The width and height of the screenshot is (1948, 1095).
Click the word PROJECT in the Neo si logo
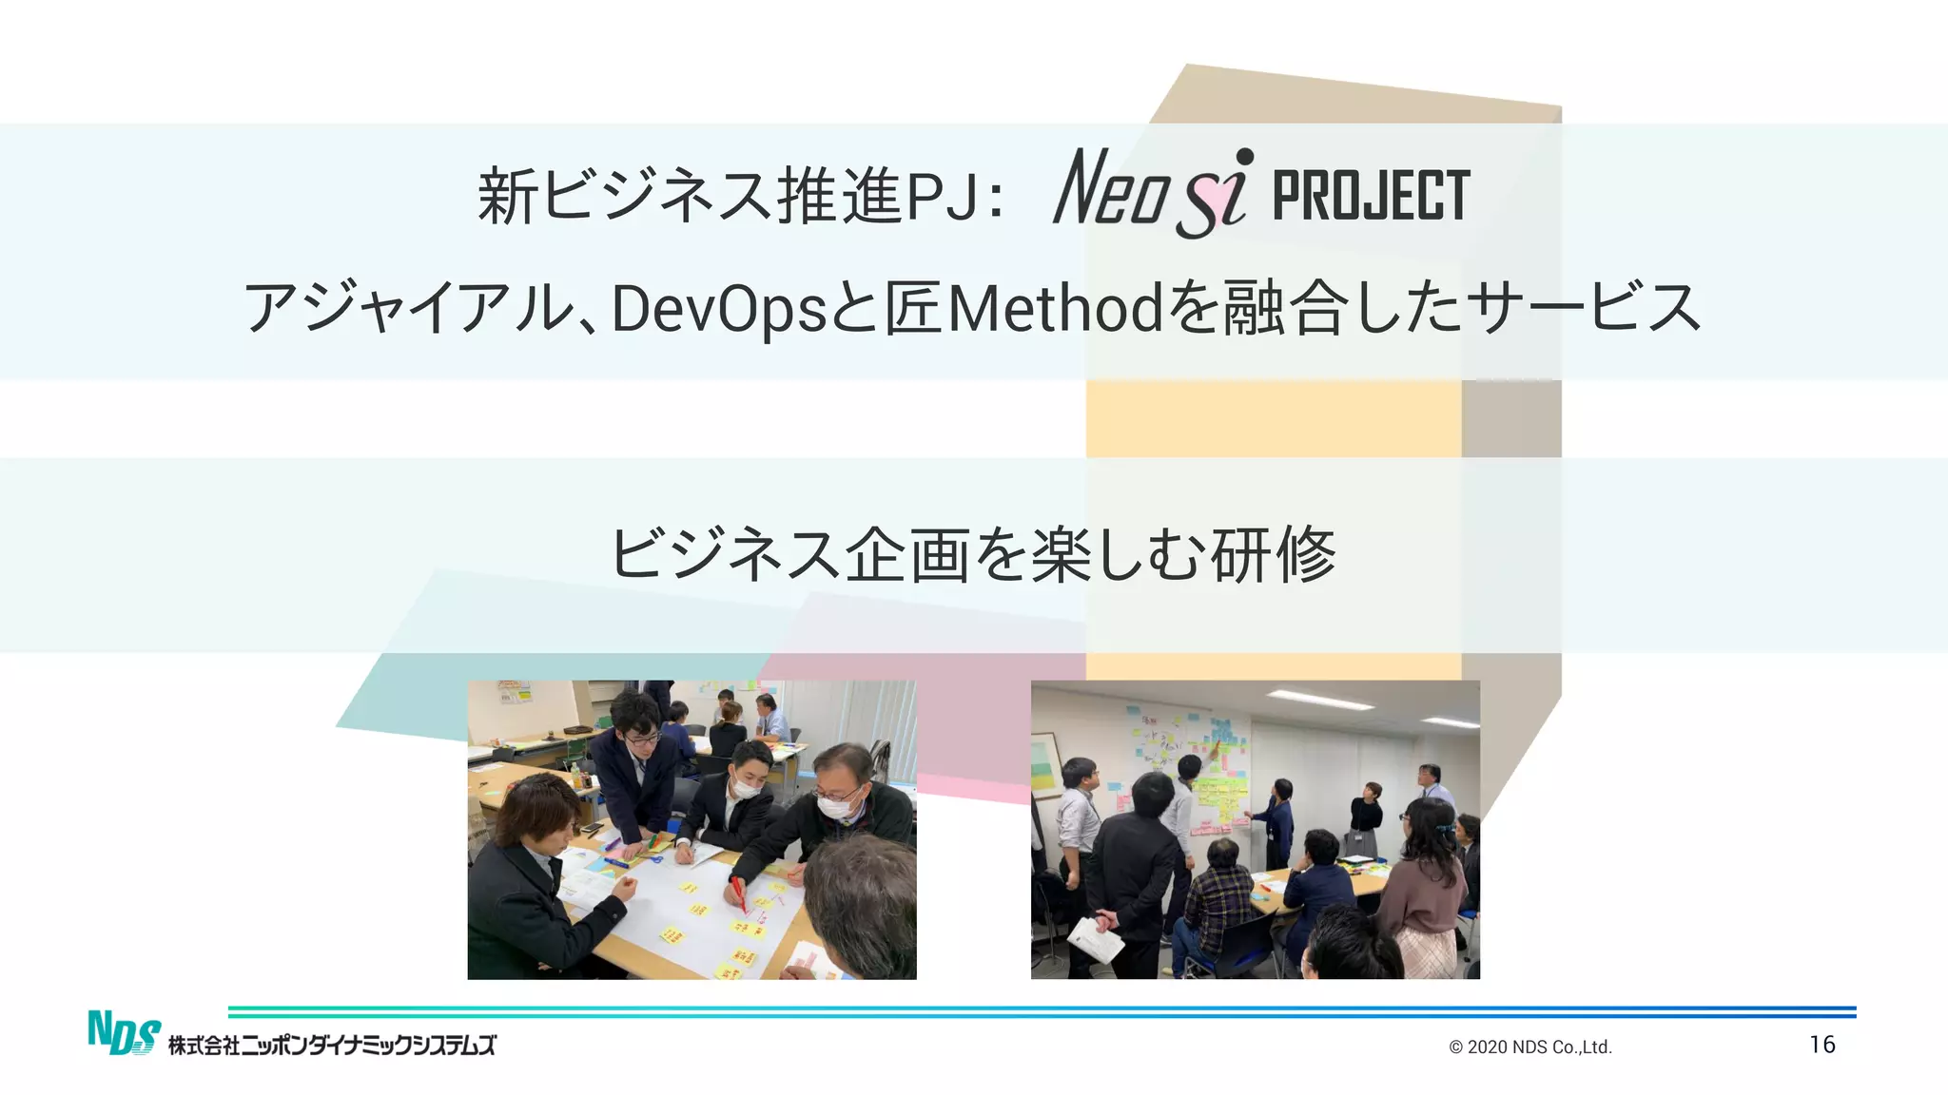(1371, 196)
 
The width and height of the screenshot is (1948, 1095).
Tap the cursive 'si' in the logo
(1215, 196)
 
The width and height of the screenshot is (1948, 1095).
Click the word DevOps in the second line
(718, 309)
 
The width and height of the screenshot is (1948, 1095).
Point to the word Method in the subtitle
(1056, 309)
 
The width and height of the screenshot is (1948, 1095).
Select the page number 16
(1821, 1045)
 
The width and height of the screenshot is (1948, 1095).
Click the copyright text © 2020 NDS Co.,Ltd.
(1529, 1047)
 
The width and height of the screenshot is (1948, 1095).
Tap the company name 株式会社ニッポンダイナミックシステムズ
(332, 1046)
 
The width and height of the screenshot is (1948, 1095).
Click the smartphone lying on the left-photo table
(592, 828)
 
